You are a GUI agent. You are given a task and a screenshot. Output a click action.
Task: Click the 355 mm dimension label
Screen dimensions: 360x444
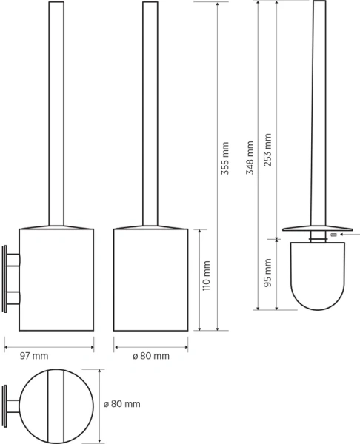(x=224, y=158)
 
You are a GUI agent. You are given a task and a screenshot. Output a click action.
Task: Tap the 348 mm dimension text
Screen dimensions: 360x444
(x=250, y=158)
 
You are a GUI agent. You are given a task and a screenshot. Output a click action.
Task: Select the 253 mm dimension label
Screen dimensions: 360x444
(x=267, y=149)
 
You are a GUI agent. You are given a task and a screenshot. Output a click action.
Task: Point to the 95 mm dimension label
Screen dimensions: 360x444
(x=267, y=272)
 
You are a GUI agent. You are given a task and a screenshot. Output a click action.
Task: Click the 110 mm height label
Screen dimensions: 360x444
(x=206, y=276)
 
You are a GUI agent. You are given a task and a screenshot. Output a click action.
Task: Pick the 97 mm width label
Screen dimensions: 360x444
(x=34, y=356)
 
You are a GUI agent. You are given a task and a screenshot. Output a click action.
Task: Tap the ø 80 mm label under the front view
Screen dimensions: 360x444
(x=151, y=356)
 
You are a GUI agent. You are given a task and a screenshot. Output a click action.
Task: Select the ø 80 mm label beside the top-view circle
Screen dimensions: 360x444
(x=122, y=404)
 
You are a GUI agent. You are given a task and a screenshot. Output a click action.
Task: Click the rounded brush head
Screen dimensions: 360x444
(x=318, y=276)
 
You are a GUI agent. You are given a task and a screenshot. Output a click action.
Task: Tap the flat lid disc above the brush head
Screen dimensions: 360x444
(x=318, y=228)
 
